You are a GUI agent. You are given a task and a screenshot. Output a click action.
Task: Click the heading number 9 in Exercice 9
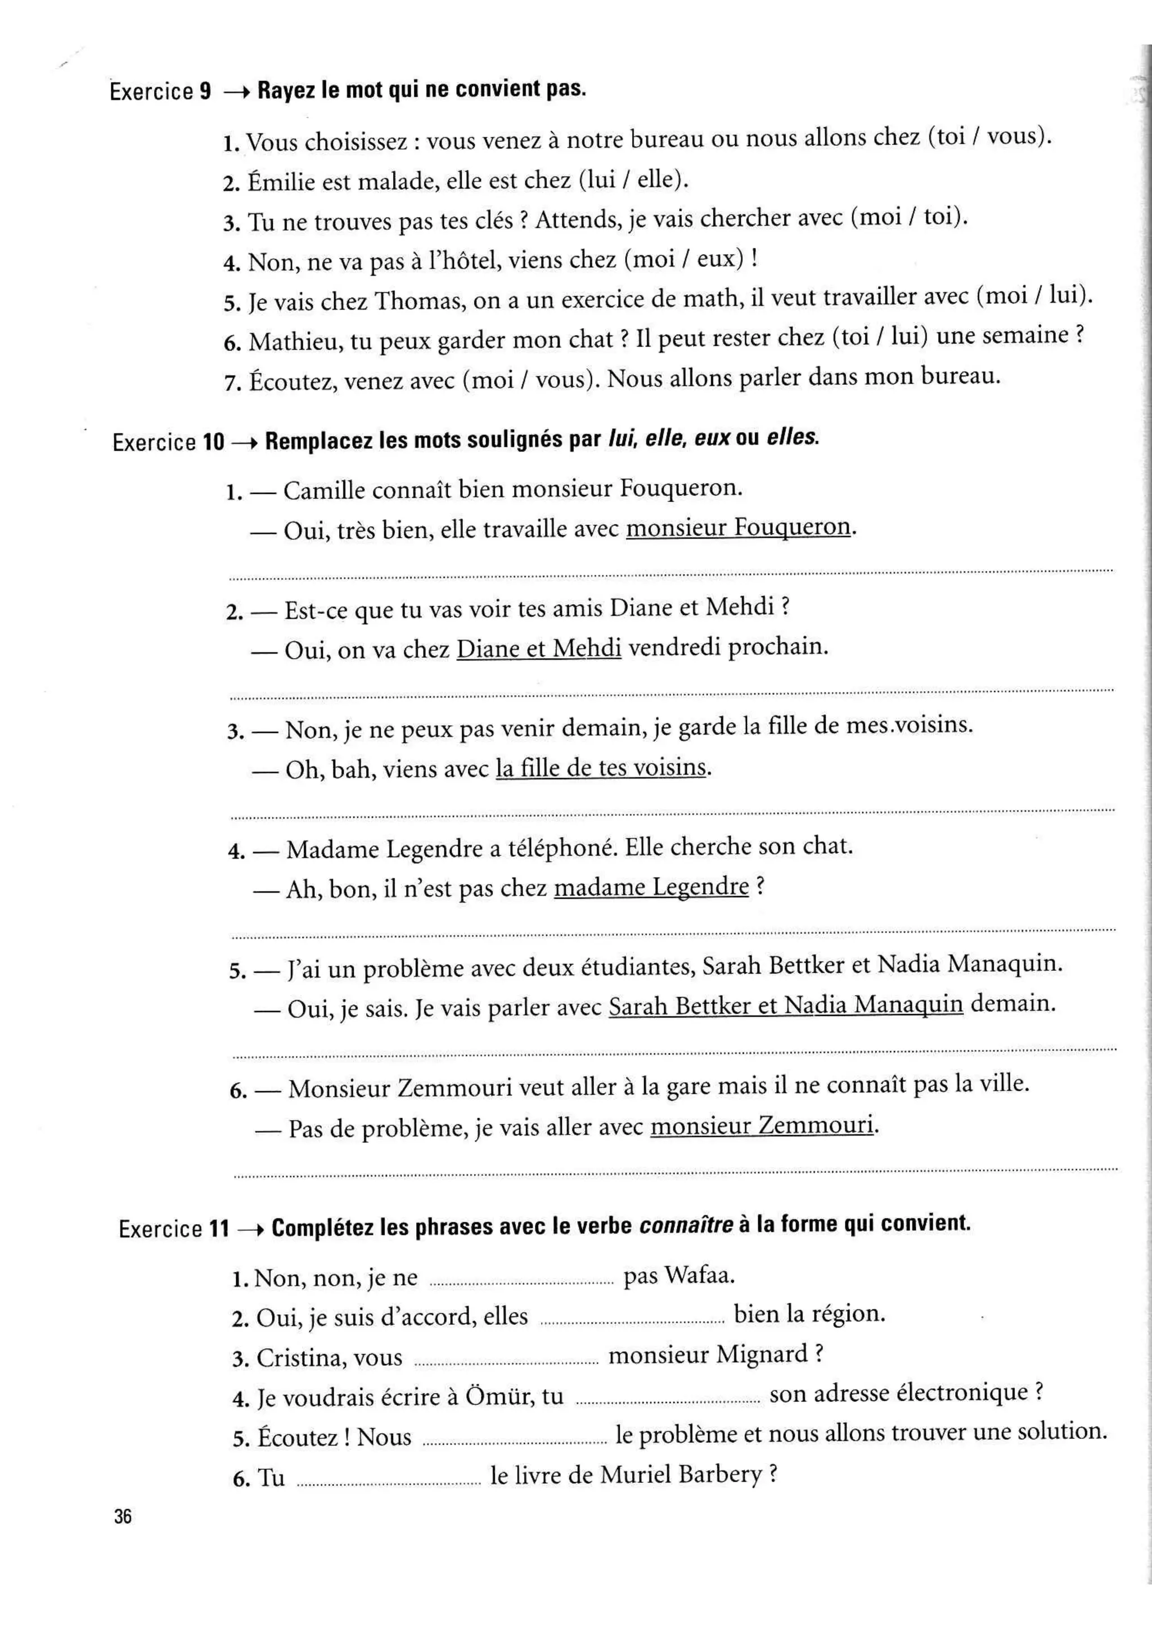pos(205,92)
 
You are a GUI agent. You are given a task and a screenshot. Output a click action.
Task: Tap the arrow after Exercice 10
pos(244,442)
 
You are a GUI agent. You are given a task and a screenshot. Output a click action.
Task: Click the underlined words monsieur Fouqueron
pos(738,527)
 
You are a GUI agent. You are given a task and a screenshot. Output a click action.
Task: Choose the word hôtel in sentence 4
pos(454,261)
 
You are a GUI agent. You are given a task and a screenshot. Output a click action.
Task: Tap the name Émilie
pos(281,182)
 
